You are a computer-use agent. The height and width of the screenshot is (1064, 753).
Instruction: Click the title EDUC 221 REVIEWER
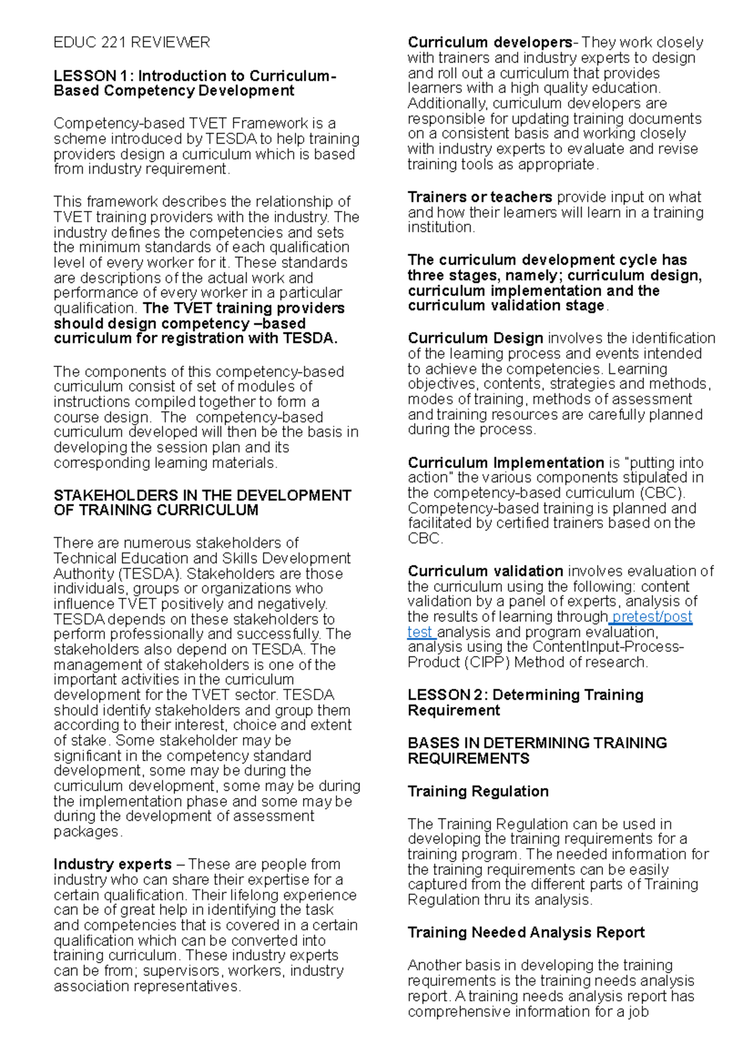[x=131, y=43]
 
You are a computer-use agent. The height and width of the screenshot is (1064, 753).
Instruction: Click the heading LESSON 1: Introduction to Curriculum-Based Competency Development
[x=195, y=83]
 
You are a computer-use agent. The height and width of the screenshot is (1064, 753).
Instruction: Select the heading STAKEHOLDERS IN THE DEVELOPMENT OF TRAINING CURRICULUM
[x=202, y=503]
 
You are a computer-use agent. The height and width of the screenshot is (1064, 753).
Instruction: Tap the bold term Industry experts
[x=112, y=864]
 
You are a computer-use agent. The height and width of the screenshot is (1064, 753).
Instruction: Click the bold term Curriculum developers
[x=489, y=43]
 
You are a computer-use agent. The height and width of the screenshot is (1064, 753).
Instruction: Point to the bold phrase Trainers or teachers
[x=479, y=197]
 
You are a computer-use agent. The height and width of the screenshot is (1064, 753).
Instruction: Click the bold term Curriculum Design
[x=475, y=338]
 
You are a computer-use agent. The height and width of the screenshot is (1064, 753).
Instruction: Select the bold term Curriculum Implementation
[x=505, y=463]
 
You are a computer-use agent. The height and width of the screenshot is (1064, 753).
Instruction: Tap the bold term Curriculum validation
[x=485, y=572]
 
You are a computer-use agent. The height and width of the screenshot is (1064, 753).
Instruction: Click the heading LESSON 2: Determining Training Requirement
[x=525, y=703]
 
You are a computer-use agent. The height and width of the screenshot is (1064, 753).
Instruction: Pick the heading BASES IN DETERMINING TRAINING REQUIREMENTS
[x=537, y=751]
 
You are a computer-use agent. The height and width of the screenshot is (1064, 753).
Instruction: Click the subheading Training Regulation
[x=478, y=792]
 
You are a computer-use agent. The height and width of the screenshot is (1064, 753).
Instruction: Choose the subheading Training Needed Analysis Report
[x=526, y=933]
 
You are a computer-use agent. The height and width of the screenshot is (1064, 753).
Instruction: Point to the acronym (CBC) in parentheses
[x=662, y=493]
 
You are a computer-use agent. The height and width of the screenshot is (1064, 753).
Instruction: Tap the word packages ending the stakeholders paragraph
[x=86, y=832]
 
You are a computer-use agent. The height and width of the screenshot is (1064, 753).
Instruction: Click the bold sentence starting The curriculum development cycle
[x=554, y=283]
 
